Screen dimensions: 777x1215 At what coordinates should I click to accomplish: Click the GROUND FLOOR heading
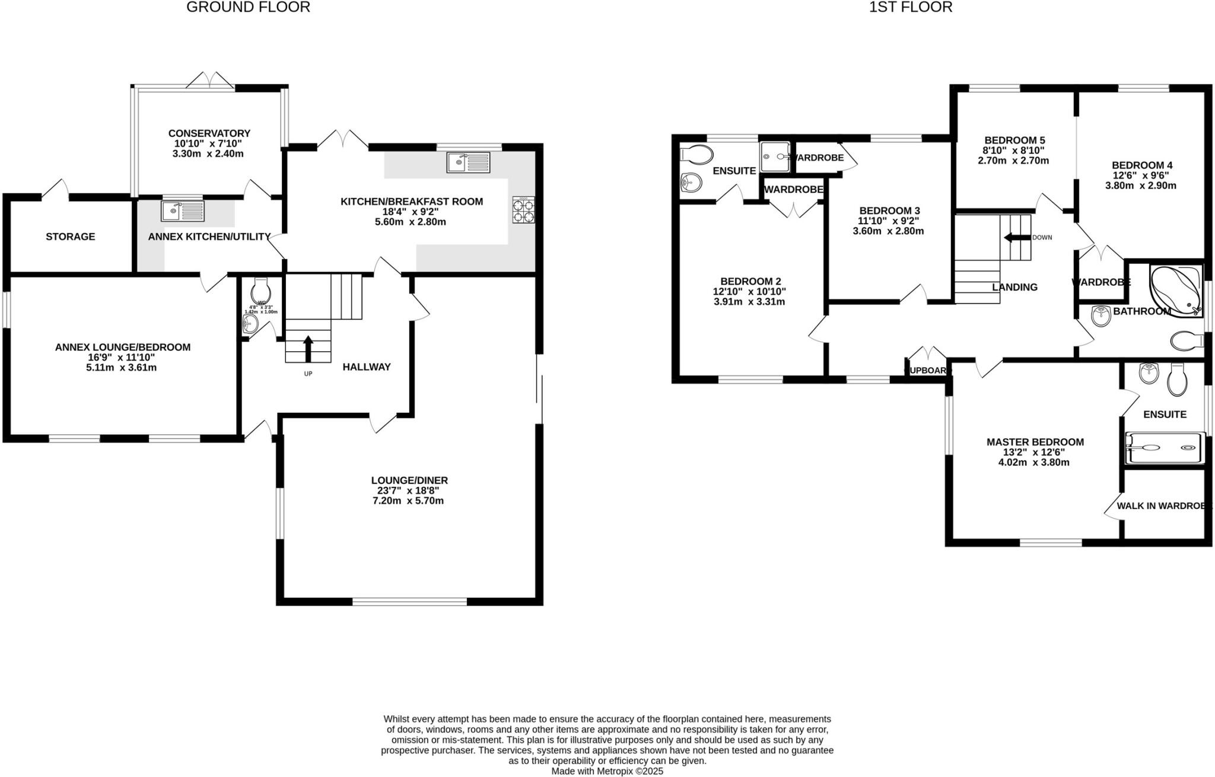pyautogui.click(x=248, y=7)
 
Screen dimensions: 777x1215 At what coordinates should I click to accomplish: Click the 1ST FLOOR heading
pyautogui.click(x=911, y=7)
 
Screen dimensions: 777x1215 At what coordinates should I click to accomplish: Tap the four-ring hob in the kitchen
pyautogui.click(x=523, y=210)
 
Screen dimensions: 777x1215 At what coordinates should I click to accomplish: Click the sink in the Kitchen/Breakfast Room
pyautogui.click(x=469, y=163)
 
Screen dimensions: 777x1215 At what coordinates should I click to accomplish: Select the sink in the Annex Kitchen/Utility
pyautogui.click(x=182, y=211)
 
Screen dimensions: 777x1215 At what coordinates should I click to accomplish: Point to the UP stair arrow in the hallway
pyautogui.click(x=308, y=349)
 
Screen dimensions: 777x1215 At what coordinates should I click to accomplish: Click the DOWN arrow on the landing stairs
pyautogui.click(x=1016, y=237)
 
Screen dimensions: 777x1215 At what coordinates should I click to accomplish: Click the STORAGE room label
pyautogui.click(x=70, y=237)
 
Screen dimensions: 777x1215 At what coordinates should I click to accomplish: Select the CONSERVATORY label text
pyautogui.click(x=209, y=133)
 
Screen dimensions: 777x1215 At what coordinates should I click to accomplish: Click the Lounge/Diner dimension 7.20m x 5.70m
pyautogui.click(x=409, y=501)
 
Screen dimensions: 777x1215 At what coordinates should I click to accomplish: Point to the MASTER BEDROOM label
pyautogui.click(x=1035, y=442)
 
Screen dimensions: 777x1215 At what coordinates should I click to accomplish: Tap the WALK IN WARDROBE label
pyautogui.click(x=1163, y=506)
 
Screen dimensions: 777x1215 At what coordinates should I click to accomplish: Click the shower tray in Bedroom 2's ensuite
pyautogui.click(x=775, y=157)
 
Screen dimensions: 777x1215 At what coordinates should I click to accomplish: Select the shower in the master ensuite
pyautogui.click(x=1165, y=448)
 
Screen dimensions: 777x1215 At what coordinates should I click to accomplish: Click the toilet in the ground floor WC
pyautogui.click(x=261, y=291)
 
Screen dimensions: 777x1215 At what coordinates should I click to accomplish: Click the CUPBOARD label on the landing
pyautogui.click(x=927, y=371)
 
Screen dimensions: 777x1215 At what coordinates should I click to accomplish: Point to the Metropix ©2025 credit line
pyautogui.click(x=607, y=771)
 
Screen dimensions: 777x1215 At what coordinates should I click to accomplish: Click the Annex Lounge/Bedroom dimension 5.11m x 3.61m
pyautogui.click(x=121, y=368)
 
